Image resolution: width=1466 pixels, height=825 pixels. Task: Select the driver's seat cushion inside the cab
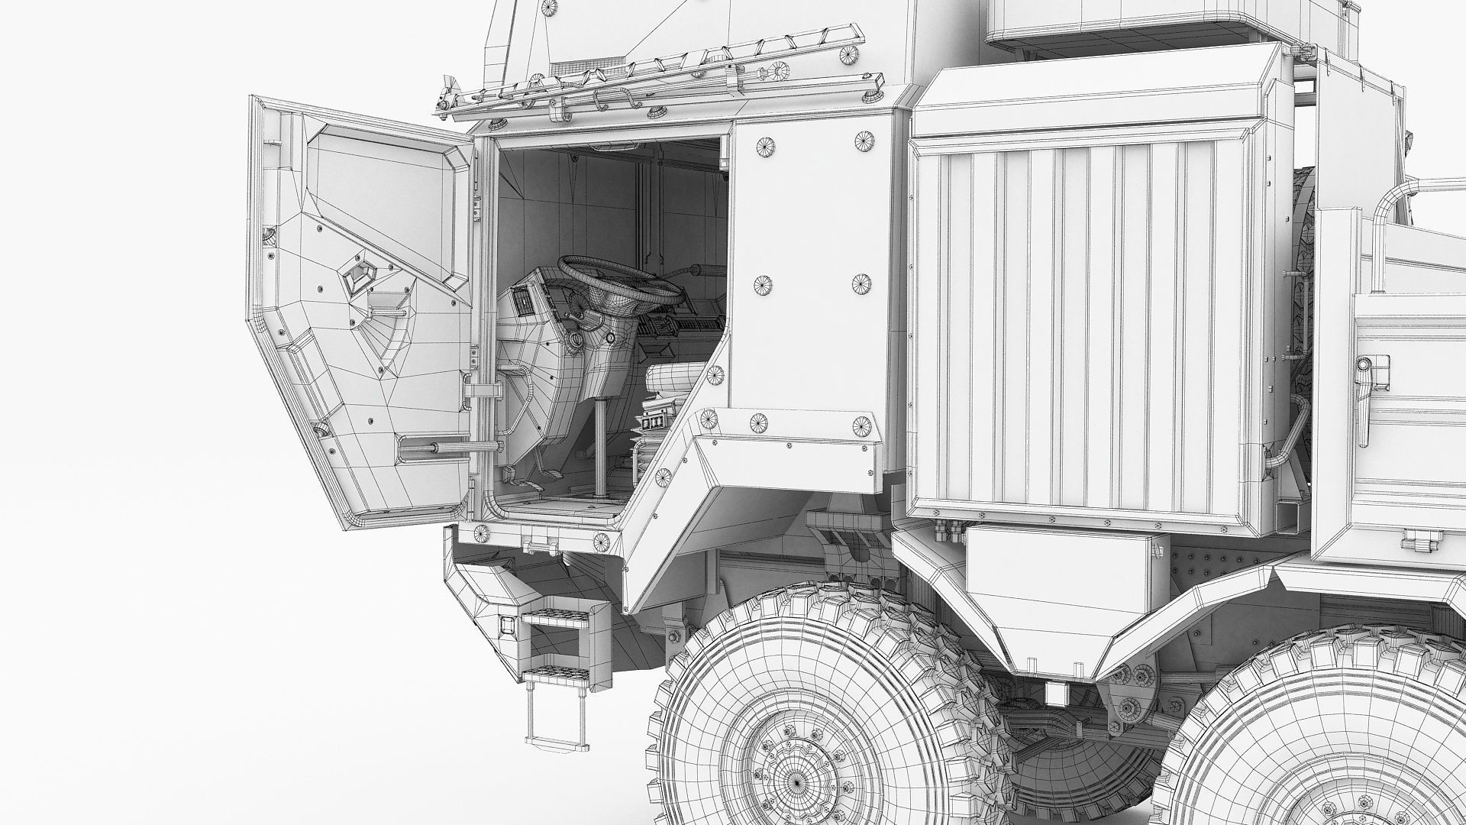pos(672,378)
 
